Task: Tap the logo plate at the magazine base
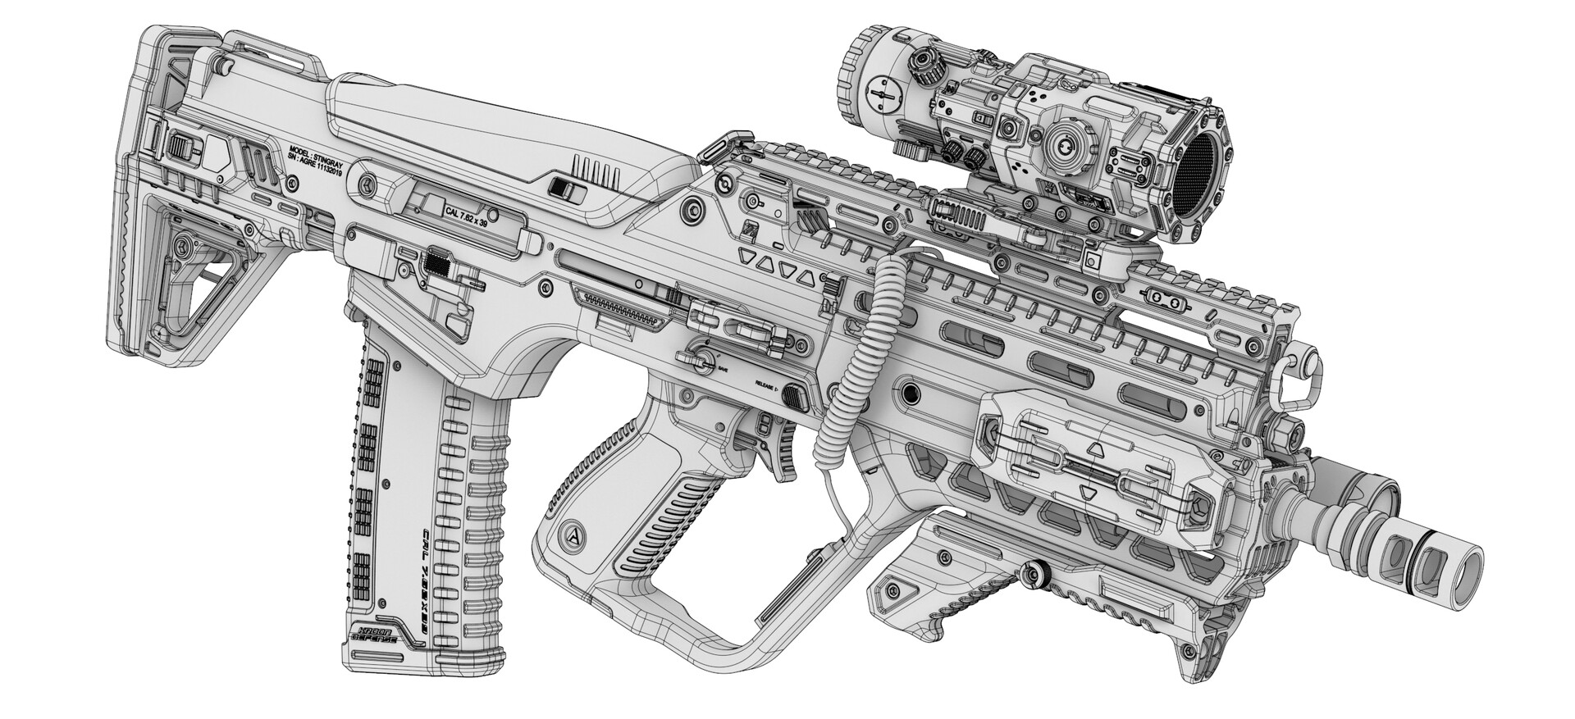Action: (374, 632)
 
